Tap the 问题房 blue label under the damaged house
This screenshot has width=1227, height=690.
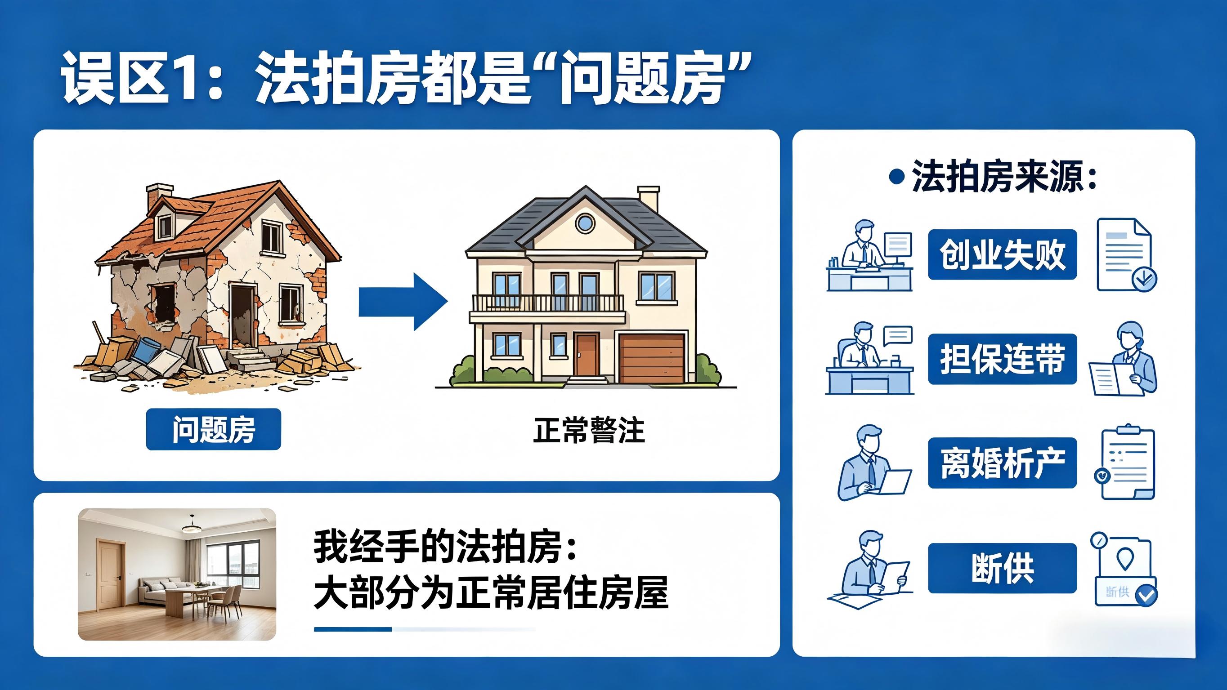[213, 428]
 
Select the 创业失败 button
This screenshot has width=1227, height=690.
[1002, 254]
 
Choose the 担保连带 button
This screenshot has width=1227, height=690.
[1002, 359]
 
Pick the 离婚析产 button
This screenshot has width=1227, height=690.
[1002, 463]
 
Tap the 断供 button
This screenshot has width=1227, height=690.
[1002, 568]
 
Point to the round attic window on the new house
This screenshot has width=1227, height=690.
[585, 223]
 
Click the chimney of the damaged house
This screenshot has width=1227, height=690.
[159, 195]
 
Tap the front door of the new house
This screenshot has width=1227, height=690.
[587, 354]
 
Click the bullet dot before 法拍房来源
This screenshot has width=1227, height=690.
[896, 177]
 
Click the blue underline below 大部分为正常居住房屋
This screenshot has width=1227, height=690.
[353, 629]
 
